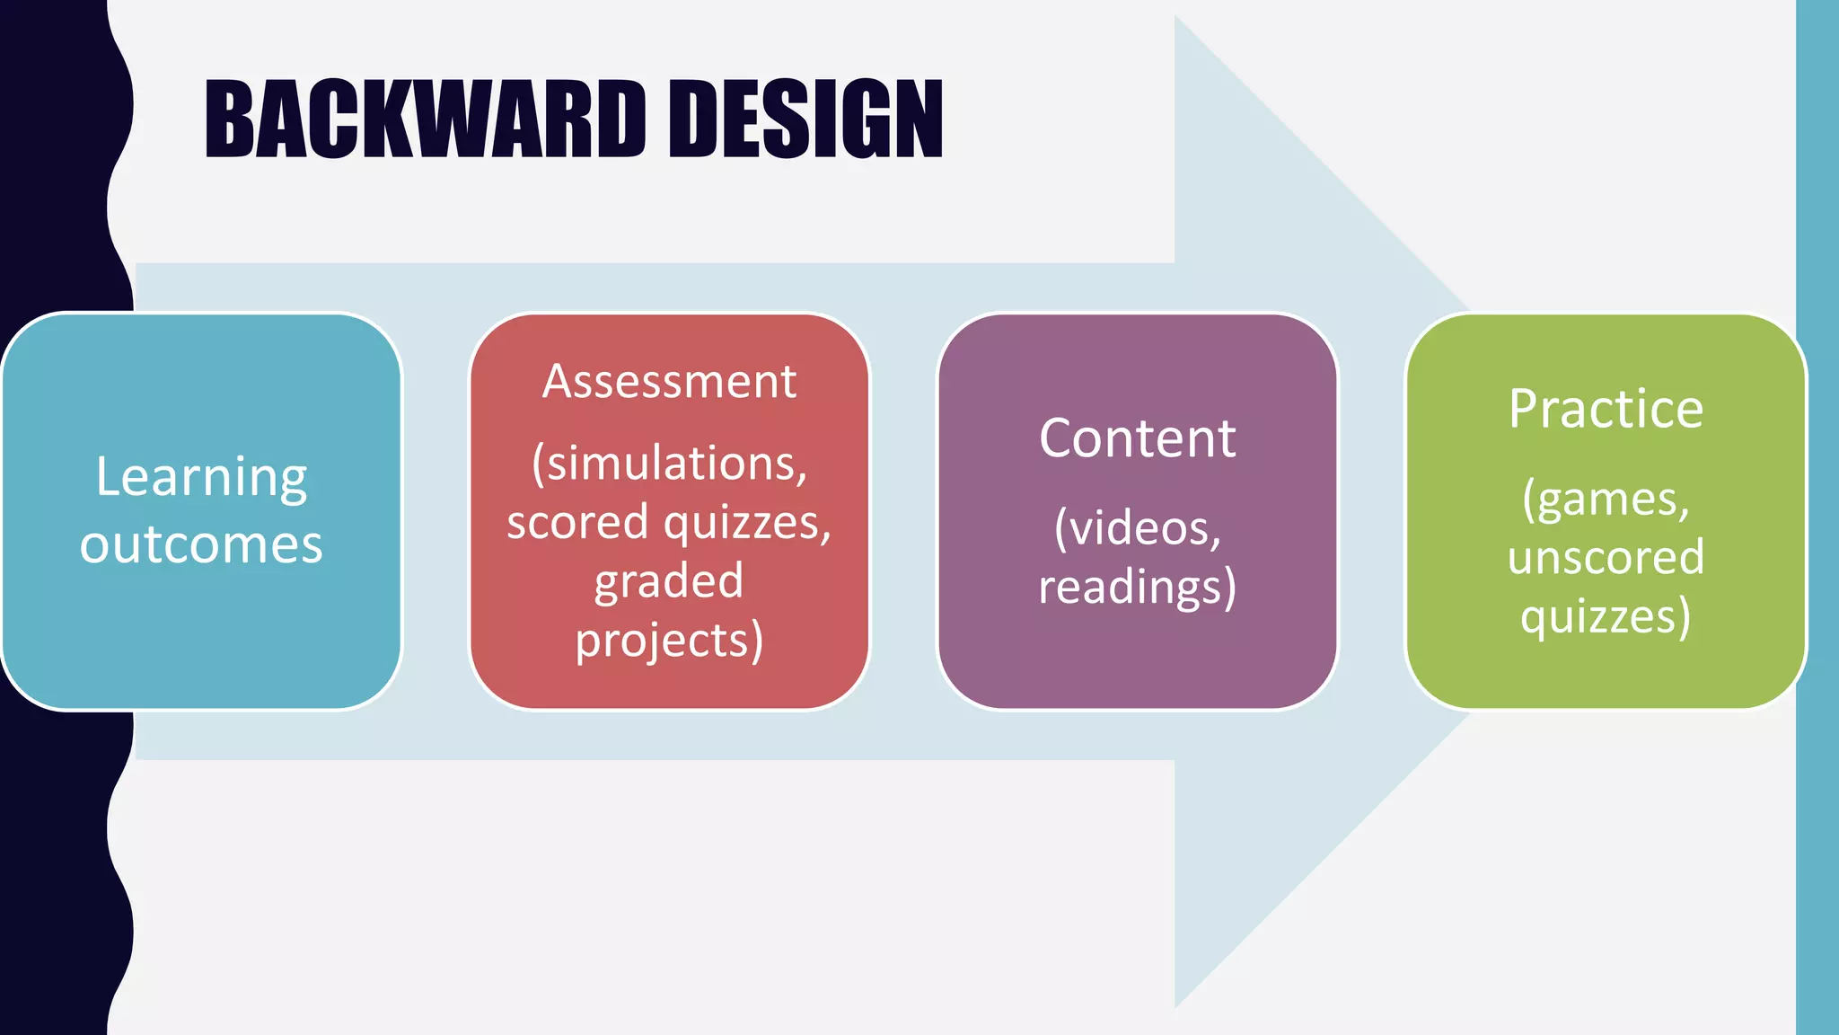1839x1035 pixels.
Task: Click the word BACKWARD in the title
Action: click(425, 119)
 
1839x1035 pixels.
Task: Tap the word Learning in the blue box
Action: click(201, 477)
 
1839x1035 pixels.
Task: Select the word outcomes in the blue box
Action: click(201, 544)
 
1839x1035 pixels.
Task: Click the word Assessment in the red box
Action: click(669, 381)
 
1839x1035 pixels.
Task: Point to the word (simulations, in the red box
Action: click(669, 464)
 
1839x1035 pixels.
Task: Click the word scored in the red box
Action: click(576, 522)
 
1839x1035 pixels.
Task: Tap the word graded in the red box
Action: click(669, 581)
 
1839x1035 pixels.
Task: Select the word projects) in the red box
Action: click(669, 641)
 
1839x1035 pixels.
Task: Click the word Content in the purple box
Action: click(1138, 438)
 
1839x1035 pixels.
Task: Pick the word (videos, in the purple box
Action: click(1138, 527)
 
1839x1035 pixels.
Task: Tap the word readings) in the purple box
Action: click(1138, 587)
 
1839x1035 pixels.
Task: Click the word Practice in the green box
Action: click(1606, 409)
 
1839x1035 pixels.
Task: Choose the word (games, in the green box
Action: click(1606, 499)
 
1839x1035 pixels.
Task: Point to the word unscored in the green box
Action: click(1606, 557)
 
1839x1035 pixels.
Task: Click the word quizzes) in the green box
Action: click(1606, 616)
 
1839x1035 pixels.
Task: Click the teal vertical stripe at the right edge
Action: click(1817, 517)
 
